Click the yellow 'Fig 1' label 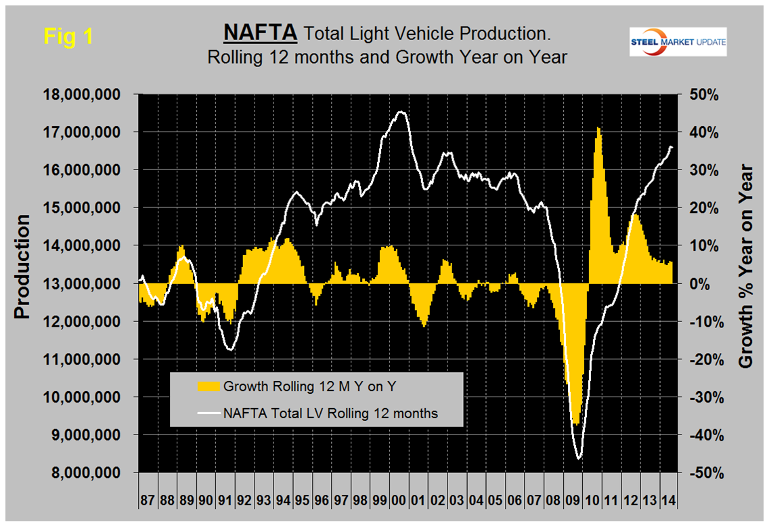pos(68,37)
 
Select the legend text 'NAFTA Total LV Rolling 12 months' pos(330,413)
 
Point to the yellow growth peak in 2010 pos(598,127)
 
